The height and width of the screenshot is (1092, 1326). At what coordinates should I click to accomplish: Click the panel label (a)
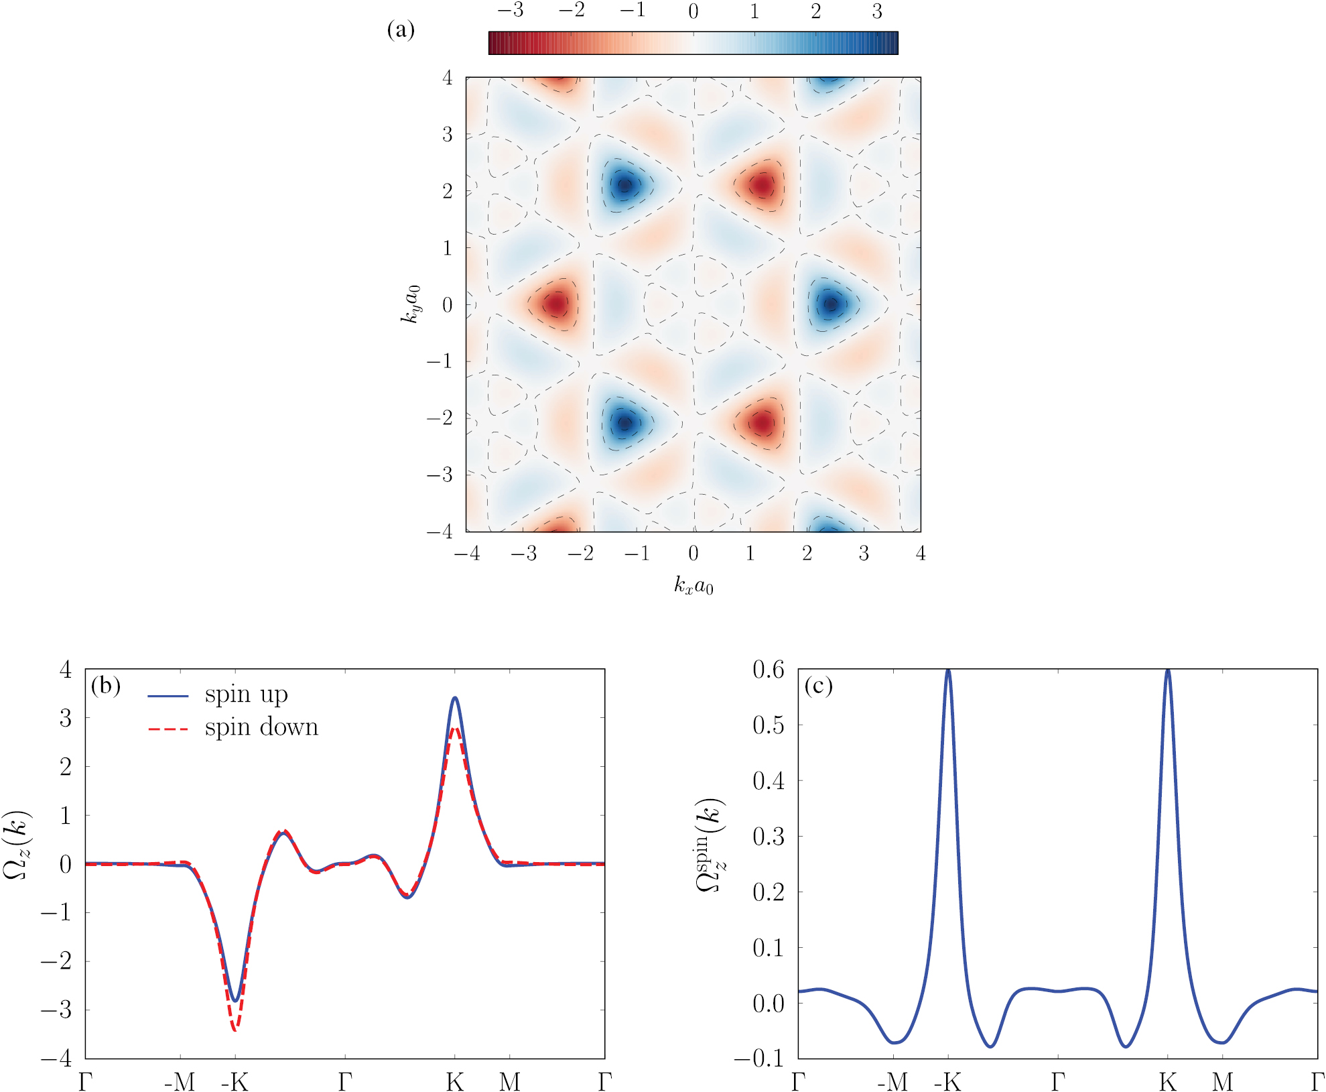(401, 30)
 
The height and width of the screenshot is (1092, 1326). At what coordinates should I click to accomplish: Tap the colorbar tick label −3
(510, 11)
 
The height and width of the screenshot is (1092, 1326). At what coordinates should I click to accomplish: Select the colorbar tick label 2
(815, 11)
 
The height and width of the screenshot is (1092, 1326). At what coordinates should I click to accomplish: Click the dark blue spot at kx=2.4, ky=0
(831, 304)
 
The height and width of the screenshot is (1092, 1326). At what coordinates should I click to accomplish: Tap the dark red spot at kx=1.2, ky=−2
(762, 423)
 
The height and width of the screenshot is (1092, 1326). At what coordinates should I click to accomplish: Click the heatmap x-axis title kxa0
(693, 587)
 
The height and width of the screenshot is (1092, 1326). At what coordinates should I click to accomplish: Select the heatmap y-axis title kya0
(410, 304)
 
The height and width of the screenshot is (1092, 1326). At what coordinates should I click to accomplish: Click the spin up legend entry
(246, 694)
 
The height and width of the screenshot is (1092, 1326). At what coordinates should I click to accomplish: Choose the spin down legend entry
(261, 727)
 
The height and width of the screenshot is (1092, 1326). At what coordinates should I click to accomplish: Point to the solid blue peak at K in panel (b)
(455, 699)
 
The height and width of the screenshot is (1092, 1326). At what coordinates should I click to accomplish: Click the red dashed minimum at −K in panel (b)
(235, 1030)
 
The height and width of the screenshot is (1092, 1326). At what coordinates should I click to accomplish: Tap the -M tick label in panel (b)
(180, 1081)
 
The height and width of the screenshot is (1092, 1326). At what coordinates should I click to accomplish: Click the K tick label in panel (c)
(1168, 1081)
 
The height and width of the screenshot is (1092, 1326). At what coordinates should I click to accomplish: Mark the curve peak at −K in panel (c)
(948, 670)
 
